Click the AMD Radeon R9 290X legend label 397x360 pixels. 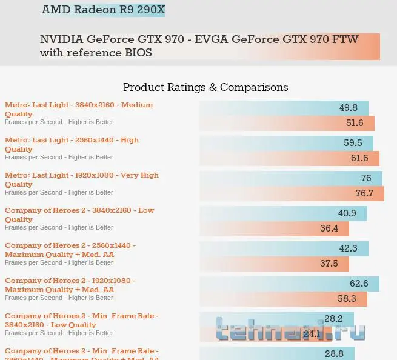(x=103, y=10)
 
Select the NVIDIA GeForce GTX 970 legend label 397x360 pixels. (x=200, y=46)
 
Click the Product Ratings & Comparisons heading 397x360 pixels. (x=205, y=87)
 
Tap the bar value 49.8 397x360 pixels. (x=349, y=108)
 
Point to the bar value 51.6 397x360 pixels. (x=355, y=123)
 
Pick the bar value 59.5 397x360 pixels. (x=353, y=143)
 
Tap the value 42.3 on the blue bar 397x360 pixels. (x=348, y=248)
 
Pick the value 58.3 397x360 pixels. (x=347, y=299)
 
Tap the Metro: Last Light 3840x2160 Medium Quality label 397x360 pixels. (x=79, y=109)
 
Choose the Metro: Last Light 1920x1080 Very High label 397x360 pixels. (x=82, y=179)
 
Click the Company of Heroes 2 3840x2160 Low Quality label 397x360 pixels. (x=79, y=215)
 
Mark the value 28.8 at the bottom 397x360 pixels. (x=335, y=353)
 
